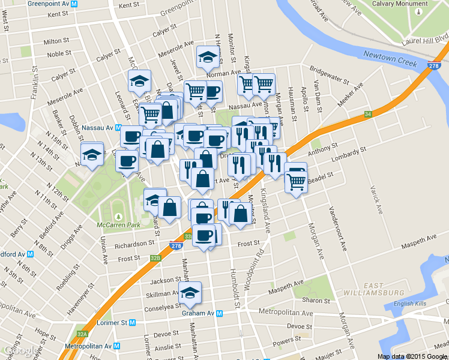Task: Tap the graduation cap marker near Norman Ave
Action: point(207,58)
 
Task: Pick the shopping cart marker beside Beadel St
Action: point(296,180)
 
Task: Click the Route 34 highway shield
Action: point(368,114)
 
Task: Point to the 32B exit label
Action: point(155,258)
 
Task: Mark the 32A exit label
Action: point(82,334)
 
